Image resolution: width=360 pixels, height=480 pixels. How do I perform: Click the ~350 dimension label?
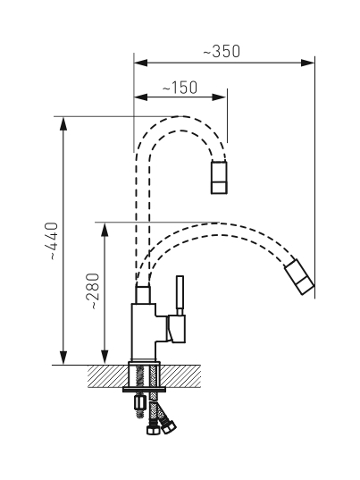point(222,52)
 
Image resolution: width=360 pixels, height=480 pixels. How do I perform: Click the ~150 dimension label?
point(180,88)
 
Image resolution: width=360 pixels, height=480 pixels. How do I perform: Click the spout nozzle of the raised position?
point(219,177)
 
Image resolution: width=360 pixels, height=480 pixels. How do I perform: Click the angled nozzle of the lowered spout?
point(299,277)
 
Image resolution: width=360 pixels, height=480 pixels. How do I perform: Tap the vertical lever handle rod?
point(180,295)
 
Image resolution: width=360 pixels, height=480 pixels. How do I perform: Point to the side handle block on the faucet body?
point(176,328)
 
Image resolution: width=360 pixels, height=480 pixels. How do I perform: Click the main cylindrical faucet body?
point(144,333)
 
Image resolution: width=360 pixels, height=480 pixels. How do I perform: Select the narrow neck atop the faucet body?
point(143,294)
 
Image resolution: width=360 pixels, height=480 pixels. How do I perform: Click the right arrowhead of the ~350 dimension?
point(307,63)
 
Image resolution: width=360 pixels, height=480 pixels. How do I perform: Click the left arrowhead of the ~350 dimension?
point(141,63)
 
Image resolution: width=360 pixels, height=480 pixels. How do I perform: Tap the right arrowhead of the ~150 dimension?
point(219,97)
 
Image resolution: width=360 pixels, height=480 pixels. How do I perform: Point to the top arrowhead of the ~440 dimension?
point(63,123)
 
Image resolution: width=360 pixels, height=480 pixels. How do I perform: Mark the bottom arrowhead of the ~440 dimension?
point(63,358)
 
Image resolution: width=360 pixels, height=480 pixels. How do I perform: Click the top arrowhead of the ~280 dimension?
point(105,230)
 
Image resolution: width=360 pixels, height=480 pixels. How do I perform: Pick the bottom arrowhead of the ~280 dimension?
point(105,358)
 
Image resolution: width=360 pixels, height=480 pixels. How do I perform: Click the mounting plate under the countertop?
point(144,390)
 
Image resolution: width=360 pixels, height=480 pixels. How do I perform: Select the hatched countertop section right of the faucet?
point(180,376)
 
